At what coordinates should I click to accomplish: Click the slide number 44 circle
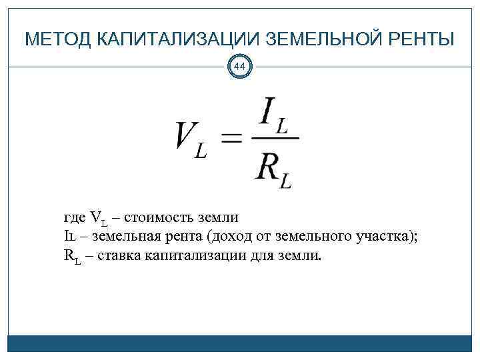(x=240, y=67)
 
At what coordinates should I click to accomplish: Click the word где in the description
(x=74, y=218)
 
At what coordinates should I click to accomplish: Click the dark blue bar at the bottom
(x=240, y=343)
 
